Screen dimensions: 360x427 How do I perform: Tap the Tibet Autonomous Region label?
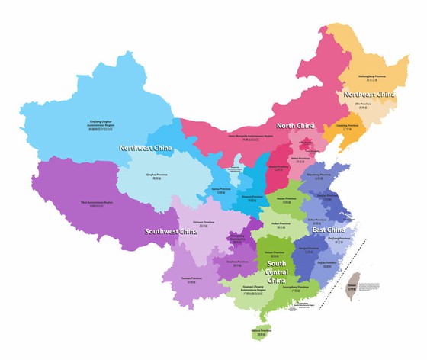(x=97, y=204)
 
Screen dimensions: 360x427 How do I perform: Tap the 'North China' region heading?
(x=297, y=126)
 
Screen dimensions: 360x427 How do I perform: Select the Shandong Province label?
(x=319, y=176)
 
